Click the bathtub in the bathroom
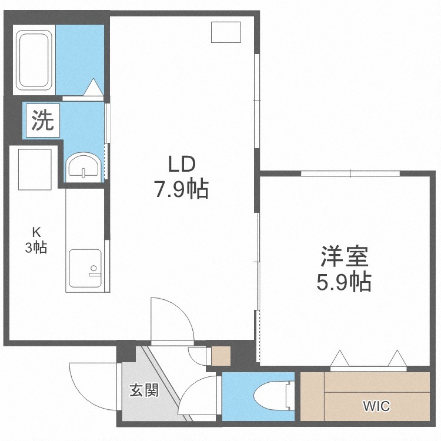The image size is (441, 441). coord(34,60)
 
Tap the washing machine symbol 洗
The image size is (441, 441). coord(43,121)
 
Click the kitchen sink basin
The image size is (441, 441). coord(85,268)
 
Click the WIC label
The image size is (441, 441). coord(376,406)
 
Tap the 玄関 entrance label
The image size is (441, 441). coord(144,390)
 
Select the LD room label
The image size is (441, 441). coord(182,164)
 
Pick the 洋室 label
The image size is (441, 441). coord(345,256)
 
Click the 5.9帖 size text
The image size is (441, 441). coord(344,281)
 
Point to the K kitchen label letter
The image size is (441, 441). coord(36,232)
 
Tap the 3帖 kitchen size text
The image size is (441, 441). coord(36,248)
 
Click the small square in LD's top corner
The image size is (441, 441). coord(226,32)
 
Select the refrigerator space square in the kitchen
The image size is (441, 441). coord(35,169)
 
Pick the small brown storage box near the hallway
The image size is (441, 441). coord(220,356)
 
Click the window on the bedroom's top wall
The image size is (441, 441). coord(350,173)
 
